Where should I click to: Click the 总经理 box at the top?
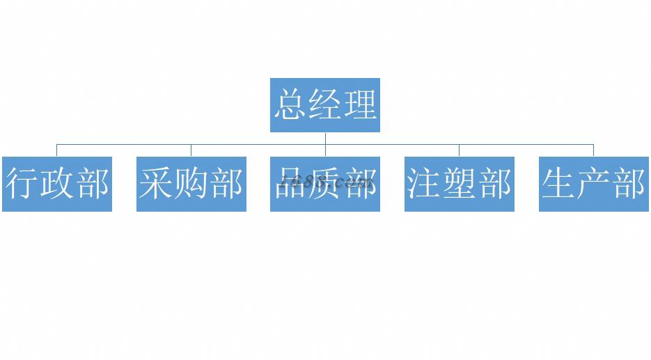[x=325, y=105]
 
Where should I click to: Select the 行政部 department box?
[x=57, y=184]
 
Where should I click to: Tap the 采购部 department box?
[x=191, y=184]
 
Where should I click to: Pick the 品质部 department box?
[x=325, y=184]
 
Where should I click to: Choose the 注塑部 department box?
[x=460, y=184]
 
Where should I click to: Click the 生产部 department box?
[x=594, y=184]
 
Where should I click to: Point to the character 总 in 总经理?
[x=290, y=105]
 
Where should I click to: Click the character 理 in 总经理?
[x=360, y=105]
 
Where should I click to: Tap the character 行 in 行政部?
[x=22, y=185]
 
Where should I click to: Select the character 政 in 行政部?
[x=57, y=185]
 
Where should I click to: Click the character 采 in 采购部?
[x=157, y=185]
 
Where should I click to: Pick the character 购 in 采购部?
[x=191, y=185]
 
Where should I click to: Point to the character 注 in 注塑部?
[x=425, y=185]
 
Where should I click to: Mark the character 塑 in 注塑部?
[x=460, y=185]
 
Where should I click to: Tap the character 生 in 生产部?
[x=559, y=185]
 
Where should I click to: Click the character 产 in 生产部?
[x=594, y=185]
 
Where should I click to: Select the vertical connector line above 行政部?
[x=57, y=150]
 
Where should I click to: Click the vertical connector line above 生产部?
[x=594, y=150]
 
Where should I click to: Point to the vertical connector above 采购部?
[x=191, y=150]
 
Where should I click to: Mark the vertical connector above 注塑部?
[x=460, y=150]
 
